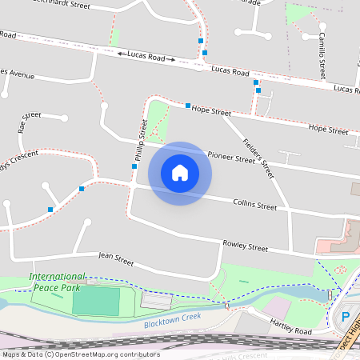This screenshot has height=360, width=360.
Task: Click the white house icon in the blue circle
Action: coord(180,173)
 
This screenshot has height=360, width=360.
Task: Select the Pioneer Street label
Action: coord(231,158)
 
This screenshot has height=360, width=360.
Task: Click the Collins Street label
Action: coord(254,206)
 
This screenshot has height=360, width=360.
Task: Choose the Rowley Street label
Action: coord(245,247)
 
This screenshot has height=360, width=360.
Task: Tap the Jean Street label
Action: coord(115,258)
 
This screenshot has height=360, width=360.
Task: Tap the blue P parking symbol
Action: coord(346,317)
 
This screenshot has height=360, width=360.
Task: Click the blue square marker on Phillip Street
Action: coord(134,166)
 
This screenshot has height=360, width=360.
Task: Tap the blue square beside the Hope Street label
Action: coord(188,106)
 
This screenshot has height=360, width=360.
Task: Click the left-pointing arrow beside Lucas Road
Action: coord(121,54)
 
